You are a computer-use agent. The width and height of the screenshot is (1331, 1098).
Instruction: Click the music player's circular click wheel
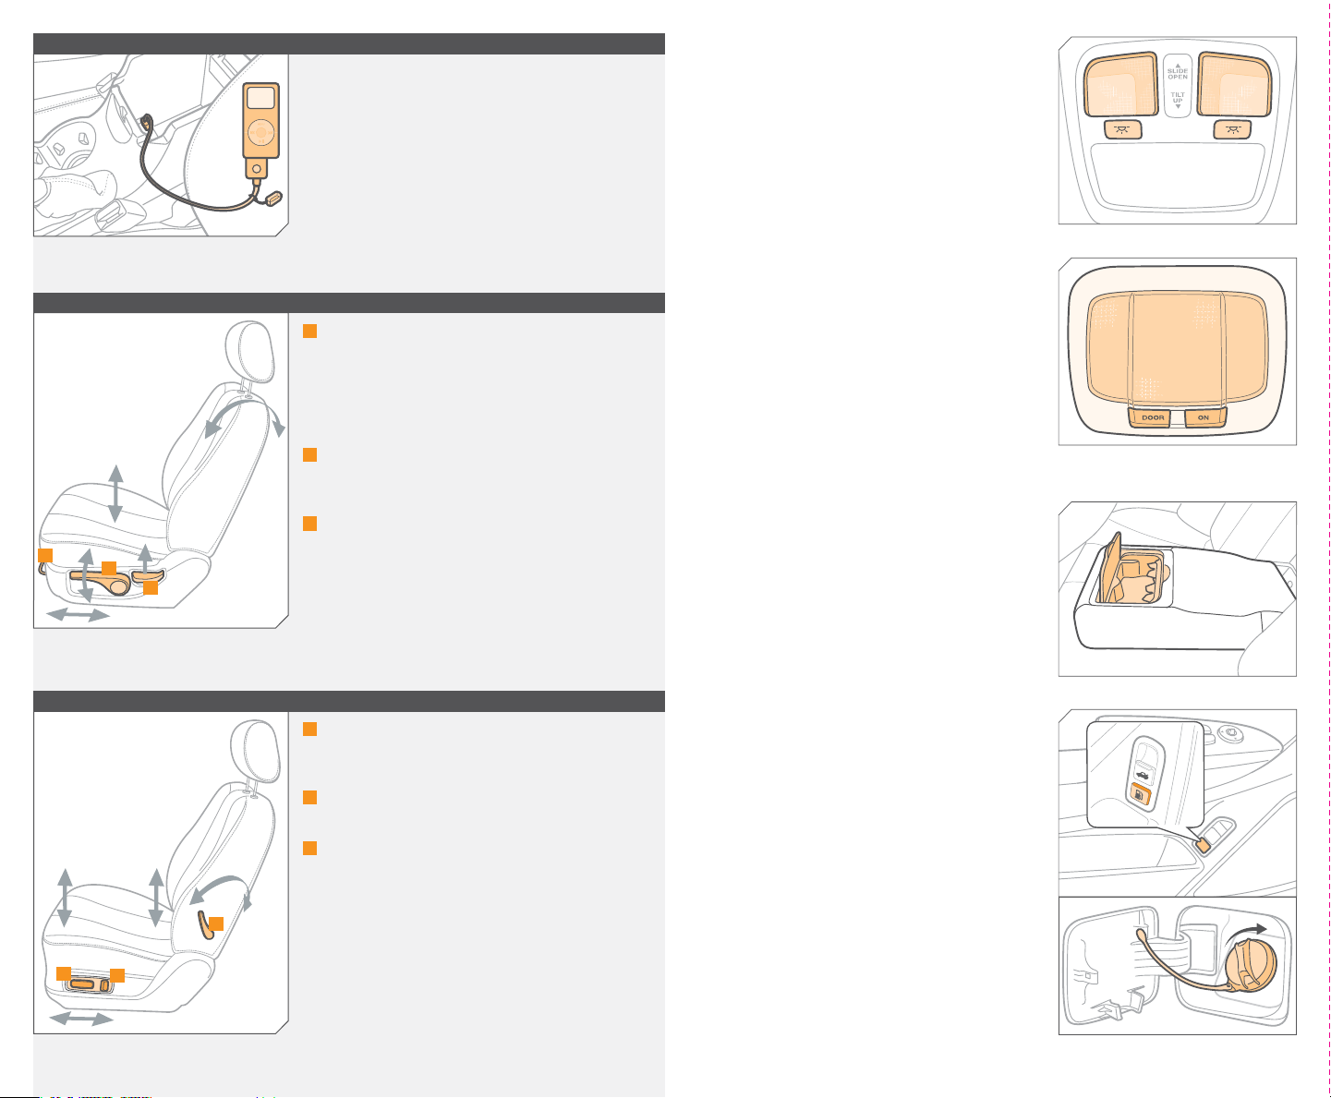[x=260, y=132]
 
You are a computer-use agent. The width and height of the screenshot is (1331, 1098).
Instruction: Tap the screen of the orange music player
[x=260, y=98]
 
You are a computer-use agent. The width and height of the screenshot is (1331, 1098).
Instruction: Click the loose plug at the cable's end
[x=273, y=199]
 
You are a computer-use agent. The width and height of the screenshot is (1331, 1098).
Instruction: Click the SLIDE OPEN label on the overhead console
[x=1178, y=73]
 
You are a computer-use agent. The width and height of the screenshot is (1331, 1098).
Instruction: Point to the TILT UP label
[x=1178, y=98]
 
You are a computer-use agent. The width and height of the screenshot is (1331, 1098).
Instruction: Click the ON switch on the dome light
[x=1204, y=418]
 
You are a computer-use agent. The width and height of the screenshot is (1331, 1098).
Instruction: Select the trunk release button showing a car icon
[x=1144, y=775]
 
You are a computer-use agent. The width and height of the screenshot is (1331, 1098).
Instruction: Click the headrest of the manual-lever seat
[x=250, y=351]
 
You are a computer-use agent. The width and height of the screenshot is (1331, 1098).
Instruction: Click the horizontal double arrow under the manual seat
[x=78, y=615]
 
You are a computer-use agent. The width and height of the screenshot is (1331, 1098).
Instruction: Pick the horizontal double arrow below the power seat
[x=81, y=1019]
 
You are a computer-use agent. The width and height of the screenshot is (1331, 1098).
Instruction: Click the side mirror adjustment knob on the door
[x=1230, y=734]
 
